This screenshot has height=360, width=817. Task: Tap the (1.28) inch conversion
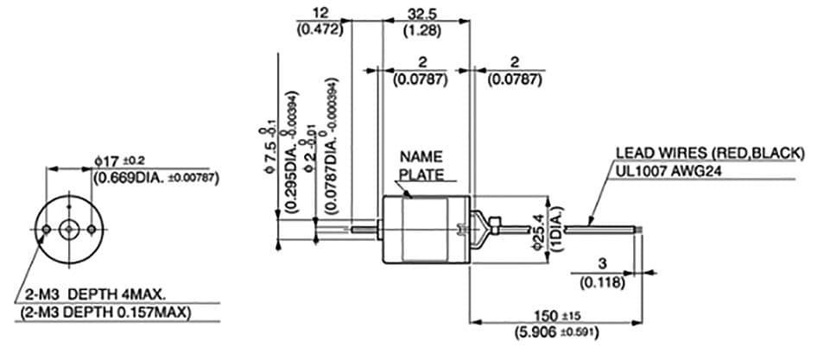click(x=425, y=31)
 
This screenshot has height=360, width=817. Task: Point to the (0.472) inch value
click(x=320, y=29)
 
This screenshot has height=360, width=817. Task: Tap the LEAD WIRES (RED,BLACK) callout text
click(x=708, y=154)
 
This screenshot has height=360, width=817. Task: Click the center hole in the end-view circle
click(x=68, y=229)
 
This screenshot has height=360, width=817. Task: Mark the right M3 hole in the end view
click(x=92, y=229)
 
